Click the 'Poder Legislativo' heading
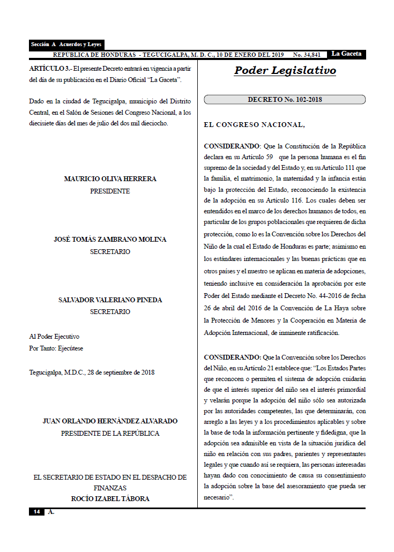pos(285,71)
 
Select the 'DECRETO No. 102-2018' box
pos(285,100)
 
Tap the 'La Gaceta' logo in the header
pos(346,54)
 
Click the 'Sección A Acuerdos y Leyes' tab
pos(66,45)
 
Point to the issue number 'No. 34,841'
pos(307,55)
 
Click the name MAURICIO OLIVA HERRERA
pos(110,179)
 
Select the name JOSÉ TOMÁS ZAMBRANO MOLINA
pos(110,240)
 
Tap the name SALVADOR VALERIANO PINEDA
pos(110,300)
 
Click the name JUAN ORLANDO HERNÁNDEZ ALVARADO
pos(110,421)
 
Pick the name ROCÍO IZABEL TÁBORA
pos(110,499)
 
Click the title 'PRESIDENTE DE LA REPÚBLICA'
pos(110,433)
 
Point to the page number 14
pos(36,512)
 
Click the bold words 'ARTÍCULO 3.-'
pos(50,69)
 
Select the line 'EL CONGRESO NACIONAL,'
pos(254,125)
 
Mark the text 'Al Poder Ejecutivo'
pos(54,337)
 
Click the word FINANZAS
pos(110,488)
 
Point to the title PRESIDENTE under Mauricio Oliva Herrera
pos(110,191)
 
